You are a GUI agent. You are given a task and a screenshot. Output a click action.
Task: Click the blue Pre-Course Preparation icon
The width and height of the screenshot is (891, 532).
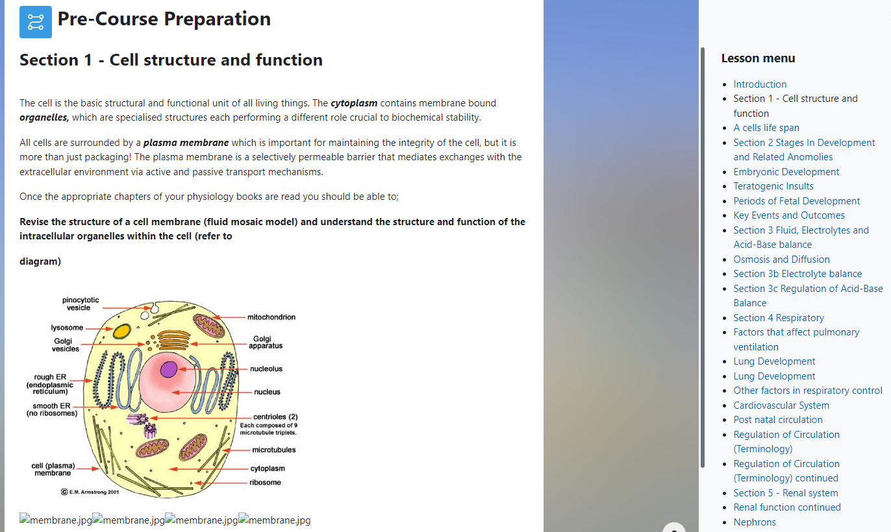(x=36, y=22)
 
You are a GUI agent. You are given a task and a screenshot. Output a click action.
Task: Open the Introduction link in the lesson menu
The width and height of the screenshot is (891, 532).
(x=760, y=84)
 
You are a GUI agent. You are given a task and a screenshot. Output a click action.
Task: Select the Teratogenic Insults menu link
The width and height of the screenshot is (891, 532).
(x=773, y=186)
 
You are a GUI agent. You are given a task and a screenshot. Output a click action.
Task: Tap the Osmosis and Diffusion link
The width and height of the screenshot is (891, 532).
(x=781, y=260)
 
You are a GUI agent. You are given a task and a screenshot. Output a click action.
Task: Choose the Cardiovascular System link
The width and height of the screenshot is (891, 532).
(x=781, y=405)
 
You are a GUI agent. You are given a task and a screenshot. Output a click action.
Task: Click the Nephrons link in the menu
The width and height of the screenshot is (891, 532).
(x=755, y=522)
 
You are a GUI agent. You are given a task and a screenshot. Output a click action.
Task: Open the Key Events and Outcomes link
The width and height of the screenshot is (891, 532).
(x=789, y=215)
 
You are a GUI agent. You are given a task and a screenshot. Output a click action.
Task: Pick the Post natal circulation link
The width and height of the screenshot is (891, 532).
(x=778, y=420)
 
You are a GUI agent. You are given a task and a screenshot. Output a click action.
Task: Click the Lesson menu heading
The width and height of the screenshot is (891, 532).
(x=758, y=58)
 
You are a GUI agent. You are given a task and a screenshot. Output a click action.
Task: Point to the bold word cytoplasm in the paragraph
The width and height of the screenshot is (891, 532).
(x=354, y=103)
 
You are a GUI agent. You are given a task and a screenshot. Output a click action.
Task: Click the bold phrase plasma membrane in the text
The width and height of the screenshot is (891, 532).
(x=186, y=143)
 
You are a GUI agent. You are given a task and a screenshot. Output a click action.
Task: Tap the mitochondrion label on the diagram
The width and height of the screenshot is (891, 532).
(x=271, y=317)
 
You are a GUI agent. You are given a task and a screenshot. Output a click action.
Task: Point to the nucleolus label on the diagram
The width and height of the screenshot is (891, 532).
(x=266, y=369)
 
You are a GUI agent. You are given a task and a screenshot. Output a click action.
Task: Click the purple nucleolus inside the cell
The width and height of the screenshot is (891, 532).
(x=169, y=369)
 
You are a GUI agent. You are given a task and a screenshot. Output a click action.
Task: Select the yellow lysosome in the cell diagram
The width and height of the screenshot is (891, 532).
(x=121, y=332)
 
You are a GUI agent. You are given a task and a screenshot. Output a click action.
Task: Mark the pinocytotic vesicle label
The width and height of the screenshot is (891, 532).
(x=81, y=304)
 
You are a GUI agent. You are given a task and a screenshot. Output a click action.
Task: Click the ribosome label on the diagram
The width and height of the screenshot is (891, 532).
(x=266, y=483)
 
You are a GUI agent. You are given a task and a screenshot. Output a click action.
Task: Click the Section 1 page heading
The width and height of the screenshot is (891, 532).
(x=171, y=60)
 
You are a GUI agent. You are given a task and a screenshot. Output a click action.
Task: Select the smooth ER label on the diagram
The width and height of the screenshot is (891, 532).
(x=51, y=409)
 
